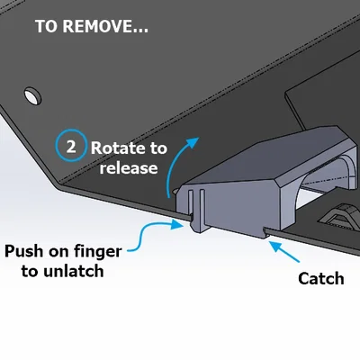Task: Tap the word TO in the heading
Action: (46, 26)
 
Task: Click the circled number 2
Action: (71, 146)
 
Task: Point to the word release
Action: (129, 167)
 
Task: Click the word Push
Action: (23, 251)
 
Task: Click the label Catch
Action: (321, 278)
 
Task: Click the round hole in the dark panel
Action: (32, 95)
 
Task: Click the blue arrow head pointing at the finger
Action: (176, 224)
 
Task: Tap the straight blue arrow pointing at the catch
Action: (284, 251)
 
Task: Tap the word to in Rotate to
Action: (156, 148)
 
